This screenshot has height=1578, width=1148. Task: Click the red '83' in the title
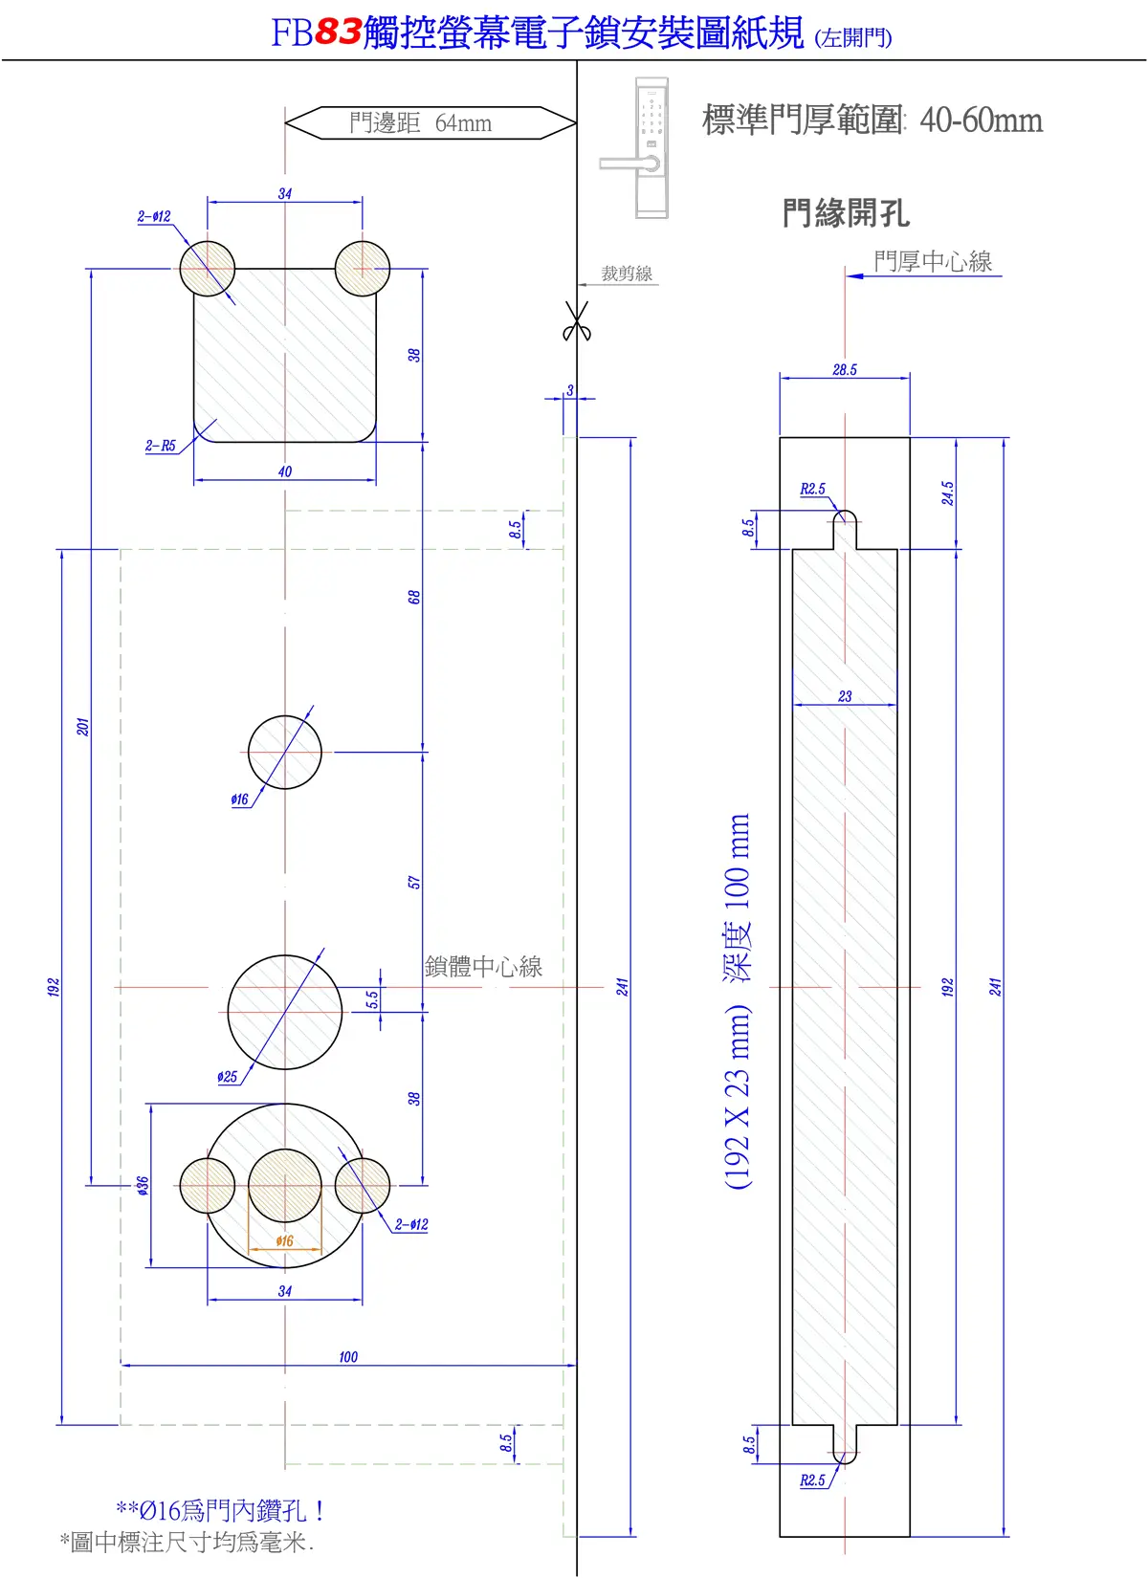tap(338, 32)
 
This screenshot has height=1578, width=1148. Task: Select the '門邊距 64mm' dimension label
tap(421, 123)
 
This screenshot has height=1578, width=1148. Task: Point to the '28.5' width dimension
tap(845, 370)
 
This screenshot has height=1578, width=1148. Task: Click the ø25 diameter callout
tap(227, 1077)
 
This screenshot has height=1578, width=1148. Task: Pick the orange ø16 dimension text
tap(285, 1240)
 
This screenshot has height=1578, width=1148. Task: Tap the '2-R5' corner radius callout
tap(160, 446)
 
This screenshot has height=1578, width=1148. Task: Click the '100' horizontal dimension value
tap(348, 1357)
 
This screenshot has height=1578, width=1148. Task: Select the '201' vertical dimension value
tap(83, 727)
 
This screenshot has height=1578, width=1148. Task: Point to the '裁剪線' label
tap(627, 274)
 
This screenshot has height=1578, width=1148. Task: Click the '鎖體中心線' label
tap(483, 966)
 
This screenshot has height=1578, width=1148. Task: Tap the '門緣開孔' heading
tap(846, 212)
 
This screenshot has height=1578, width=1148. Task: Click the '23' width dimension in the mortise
tap(845, 697)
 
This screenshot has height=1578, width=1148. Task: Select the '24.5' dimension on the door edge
tap(948, 493)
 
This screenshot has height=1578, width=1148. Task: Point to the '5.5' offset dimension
tap(372, 999)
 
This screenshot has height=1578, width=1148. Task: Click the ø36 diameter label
tap(143, 1186)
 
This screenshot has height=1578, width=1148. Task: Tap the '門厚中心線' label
tap(933, 261)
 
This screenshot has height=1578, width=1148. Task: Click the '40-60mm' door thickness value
tap(981, 120)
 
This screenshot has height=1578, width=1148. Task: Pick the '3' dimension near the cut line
tap(570, 389)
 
